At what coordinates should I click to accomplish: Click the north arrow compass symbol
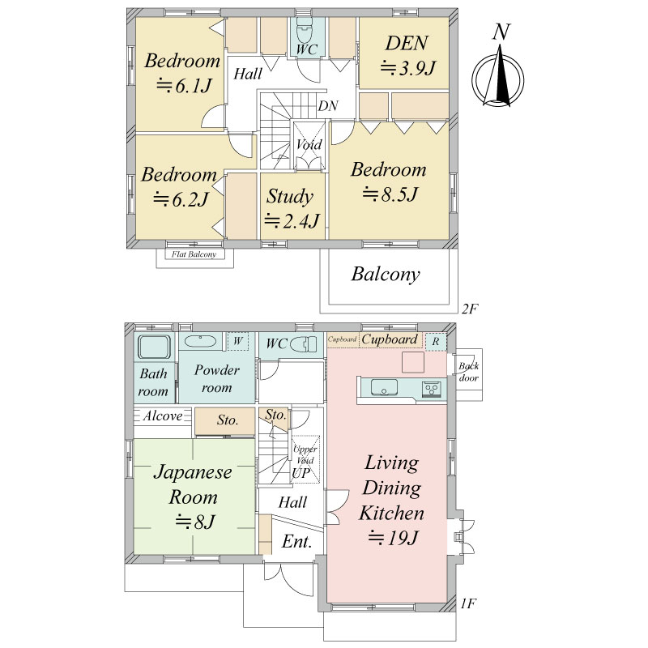point(499,75)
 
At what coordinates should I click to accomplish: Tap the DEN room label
point(407,44)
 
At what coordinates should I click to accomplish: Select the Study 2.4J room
point(292,206)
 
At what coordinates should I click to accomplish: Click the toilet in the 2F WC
point(305,29)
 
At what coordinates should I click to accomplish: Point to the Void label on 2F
point(309,145)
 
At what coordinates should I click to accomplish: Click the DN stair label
point(328,106)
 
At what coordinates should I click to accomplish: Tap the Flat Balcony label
point(194,254)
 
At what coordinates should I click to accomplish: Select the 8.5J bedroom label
point(389,181)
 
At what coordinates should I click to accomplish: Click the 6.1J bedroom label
point(182,73)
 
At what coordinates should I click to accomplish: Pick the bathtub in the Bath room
point(155,347)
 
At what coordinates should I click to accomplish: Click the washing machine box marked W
point(237,341)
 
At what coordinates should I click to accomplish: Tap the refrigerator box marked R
point(436,342)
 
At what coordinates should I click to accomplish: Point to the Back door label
point(469,372)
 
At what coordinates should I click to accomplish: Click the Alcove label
point(163,416)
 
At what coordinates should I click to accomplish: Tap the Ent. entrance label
point(296,541)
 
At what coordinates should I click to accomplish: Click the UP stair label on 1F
point(301,473)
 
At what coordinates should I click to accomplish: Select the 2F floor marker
point(470,309)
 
